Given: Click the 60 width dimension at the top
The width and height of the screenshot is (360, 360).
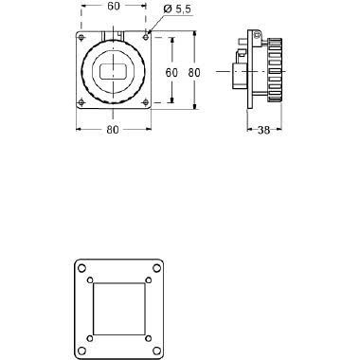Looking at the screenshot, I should click(x=113, y=7).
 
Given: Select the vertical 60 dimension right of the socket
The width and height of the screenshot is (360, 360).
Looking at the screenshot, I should click(x=172, y=72).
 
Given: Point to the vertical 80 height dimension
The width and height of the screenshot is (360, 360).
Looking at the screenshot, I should click(x=193, y=72).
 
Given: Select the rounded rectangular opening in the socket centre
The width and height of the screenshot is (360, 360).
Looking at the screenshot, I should click(x=113, y=72).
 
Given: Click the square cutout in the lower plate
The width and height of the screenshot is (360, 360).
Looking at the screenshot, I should click(x=119, y=309).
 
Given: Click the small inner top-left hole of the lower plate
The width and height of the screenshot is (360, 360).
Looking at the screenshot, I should click(x=90, y=280).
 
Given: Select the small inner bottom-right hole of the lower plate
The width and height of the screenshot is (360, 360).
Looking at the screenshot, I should click(x=149, y=338).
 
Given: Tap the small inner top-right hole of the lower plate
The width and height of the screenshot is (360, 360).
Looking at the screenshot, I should click(x=149, y=280).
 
